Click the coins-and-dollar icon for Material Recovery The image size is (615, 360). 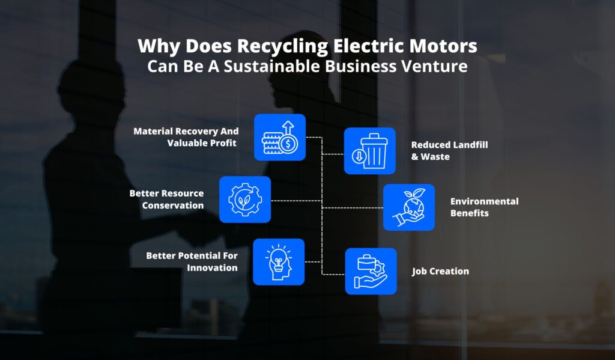tap(280, 138)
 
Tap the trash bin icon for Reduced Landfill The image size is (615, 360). tap(370, 151)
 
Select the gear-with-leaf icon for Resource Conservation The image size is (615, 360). tap(245, 199)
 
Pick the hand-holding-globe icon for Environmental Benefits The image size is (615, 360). tap(408, 207)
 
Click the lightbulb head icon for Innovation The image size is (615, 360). tap(279, 261)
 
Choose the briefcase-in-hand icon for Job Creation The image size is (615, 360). tap(371, 271)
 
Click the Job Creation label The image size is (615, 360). tap(440, 271)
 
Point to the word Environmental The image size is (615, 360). tap(484, 201)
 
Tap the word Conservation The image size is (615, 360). tap(173, 205)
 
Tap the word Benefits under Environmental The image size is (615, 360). tap(469, 213)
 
